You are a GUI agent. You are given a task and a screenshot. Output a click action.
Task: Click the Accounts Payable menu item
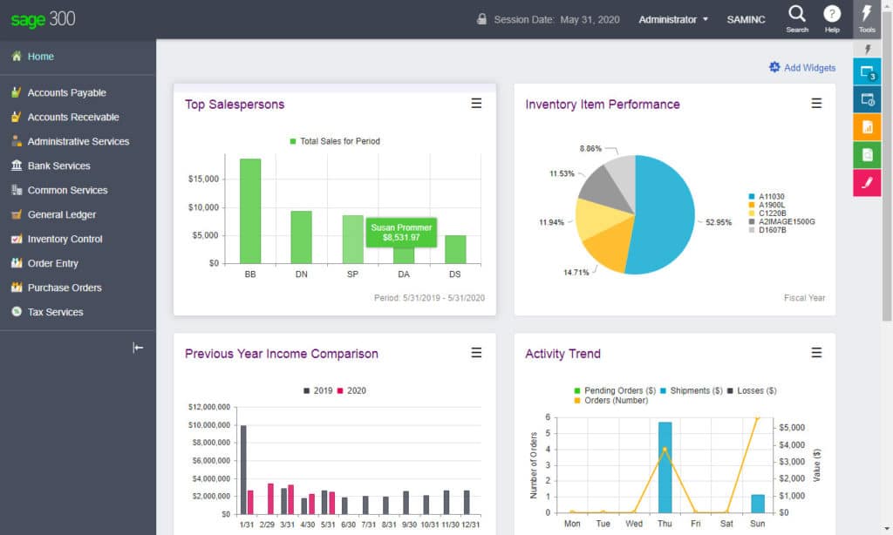pyautogui.click(x=66, y=92)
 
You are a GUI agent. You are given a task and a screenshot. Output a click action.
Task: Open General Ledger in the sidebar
pyautogui.click(x=61, y=214)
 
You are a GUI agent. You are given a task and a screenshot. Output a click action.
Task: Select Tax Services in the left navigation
pyautogui.click(x=55, y=312)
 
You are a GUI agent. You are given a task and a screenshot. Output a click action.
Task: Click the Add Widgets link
pyautogui.click(x=801, y=68)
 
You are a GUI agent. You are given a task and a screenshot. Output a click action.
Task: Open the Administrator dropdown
pyautogui.click(x=673, y=19)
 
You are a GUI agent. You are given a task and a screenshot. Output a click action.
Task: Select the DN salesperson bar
pyautogui.click(x=301, y=236)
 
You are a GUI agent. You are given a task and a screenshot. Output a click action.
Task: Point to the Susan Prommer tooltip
pyautogui.click(x=400, y=233)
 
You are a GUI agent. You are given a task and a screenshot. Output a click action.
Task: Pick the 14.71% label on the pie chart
pyautogui.click(x=576, y=273)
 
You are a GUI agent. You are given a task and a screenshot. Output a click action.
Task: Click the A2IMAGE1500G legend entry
pyautogui.click(x=786, y=222)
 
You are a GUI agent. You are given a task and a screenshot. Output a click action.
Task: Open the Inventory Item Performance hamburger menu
pyautogui.click(x=816, y=104)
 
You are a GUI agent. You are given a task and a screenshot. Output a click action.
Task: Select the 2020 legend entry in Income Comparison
pyautogui.click(x=351, y=390)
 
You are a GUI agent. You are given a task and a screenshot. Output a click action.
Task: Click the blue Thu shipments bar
pyautogui.click(x=665, y=467)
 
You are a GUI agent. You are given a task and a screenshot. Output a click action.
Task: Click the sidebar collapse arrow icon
pyautogui.click(x=138, y=348)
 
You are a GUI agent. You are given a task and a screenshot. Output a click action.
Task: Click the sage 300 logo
pyautogui.click(x=44, y=19)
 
